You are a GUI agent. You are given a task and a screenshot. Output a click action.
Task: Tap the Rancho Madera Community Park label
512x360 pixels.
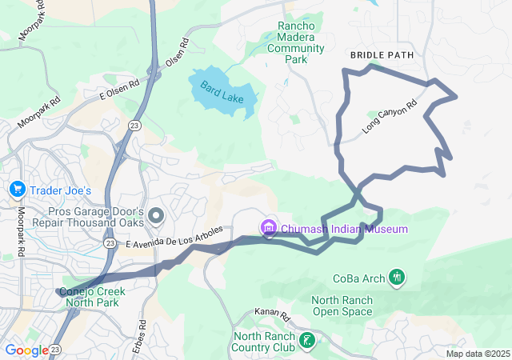[x=295, y=42]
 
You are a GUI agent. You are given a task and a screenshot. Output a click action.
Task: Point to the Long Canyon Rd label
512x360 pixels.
[x=390, y=116]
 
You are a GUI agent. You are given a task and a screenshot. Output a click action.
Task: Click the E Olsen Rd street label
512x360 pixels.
[x=119, y=88]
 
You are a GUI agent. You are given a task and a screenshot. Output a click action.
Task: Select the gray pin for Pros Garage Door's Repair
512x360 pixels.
[x=156, y=215]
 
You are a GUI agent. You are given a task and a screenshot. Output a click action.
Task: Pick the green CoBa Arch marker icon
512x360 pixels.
[x=396, y=278]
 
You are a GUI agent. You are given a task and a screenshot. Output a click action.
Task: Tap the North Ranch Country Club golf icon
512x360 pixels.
[x=306, y=341]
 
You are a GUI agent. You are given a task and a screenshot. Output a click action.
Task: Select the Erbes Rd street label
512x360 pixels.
[x=143, y=330]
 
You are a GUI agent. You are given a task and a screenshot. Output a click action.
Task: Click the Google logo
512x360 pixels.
[x=26, y=350]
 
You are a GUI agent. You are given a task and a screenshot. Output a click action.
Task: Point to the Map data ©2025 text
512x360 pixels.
[x=477, y=354]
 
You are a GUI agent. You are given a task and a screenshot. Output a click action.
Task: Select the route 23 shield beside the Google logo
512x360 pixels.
[x=55, y=350]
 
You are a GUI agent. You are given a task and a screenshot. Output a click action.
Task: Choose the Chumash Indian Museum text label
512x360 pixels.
[x=344, y=229]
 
